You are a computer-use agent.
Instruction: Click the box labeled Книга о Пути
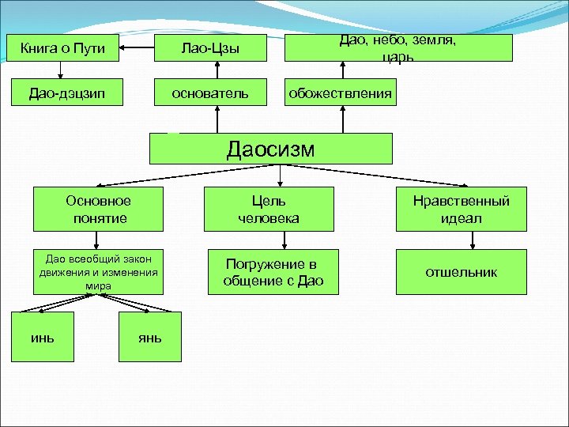coord(67,49)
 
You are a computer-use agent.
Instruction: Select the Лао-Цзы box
coord(209,49)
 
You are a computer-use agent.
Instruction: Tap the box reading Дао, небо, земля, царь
coord(398,48)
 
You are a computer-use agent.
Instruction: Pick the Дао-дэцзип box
coord(67,93)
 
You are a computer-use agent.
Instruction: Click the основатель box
coord(209,93)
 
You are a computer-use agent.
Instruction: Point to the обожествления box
coord(340,93)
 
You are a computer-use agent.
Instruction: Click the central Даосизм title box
coord(271,148)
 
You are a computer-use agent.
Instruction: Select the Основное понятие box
coord(98,210)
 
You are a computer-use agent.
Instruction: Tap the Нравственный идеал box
coord(461,210)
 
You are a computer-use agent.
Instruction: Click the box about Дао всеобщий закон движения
coord(98,272)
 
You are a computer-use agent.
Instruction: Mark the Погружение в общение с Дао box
coord(273,272)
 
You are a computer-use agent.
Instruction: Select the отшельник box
coord(461,272)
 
